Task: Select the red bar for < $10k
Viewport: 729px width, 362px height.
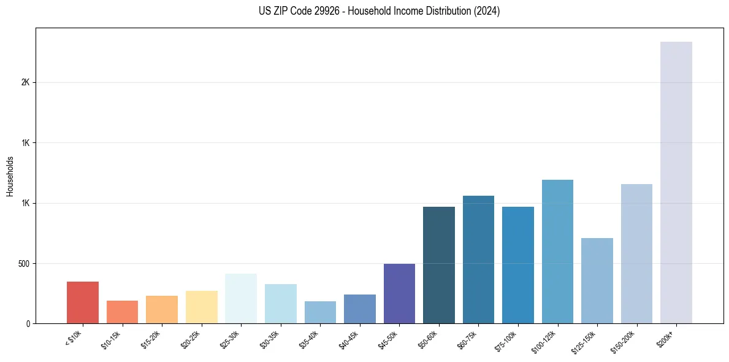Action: [82, 302]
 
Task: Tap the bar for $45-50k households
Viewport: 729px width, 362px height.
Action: [399, 293]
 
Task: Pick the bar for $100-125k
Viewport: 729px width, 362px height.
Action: [557, 252]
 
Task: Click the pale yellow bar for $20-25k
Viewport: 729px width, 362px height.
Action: [201, 307]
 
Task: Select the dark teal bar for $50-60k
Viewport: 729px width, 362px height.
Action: [438, 265]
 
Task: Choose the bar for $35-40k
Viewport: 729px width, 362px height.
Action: [320, 312]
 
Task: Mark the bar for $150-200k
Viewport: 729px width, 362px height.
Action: [636, 253]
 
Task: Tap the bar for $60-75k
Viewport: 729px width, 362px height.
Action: [478, 260]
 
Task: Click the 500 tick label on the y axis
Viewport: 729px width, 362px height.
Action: [23, 264]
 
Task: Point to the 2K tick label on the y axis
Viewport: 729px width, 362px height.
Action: [26, 83]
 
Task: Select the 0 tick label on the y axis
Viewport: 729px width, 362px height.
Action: [28, 324]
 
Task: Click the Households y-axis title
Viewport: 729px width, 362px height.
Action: [10, 176]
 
